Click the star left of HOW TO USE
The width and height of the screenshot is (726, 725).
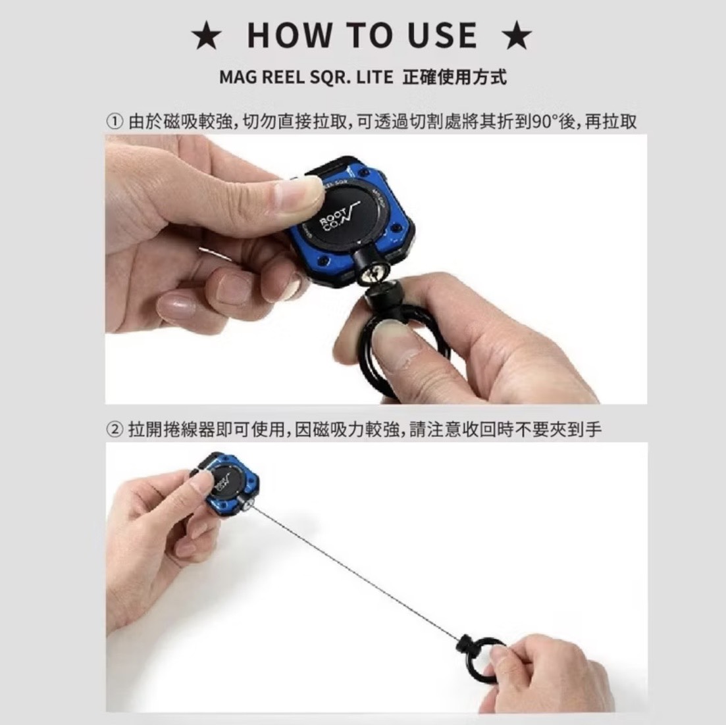tap(207, 36)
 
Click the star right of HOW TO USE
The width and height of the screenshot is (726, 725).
tap(516, 36)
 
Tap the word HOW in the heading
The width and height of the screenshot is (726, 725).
tap(290, 36)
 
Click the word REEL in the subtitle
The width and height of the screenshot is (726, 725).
tap(282, 77)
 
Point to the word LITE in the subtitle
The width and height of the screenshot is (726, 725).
tap(375, 77)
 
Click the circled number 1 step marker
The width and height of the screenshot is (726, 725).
tap(115, 122)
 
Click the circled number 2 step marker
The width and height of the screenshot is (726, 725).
tap(115, 430)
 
